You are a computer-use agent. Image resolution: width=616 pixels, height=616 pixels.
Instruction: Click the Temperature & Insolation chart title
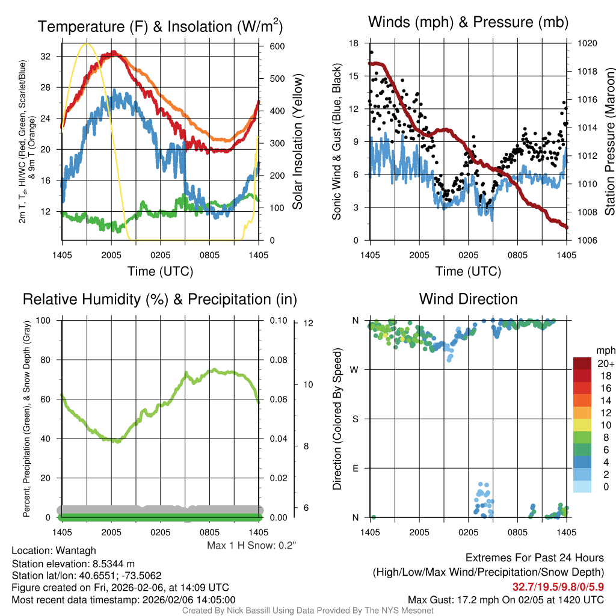160,26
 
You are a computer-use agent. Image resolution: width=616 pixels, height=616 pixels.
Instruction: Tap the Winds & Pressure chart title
468,22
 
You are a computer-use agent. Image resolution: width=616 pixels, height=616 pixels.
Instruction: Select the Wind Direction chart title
468,299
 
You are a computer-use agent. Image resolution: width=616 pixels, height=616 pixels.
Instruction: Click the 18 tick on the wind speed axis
354,43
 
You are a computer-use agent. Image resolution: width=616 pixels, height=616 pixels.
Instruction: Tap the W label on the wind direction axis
355,369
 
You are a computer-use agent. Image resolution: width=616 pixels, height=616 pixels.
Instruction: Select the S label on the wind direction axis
356,419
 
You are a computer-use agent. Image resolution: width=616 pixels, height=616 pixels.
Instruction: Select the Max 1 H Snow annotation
252,545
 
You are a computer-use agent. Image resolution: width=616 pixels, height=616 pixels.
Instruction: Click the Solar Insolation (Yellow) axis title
297,142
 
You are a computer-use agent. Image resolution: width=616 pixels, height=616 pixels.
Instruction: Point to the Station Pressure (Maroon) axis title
609,142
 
